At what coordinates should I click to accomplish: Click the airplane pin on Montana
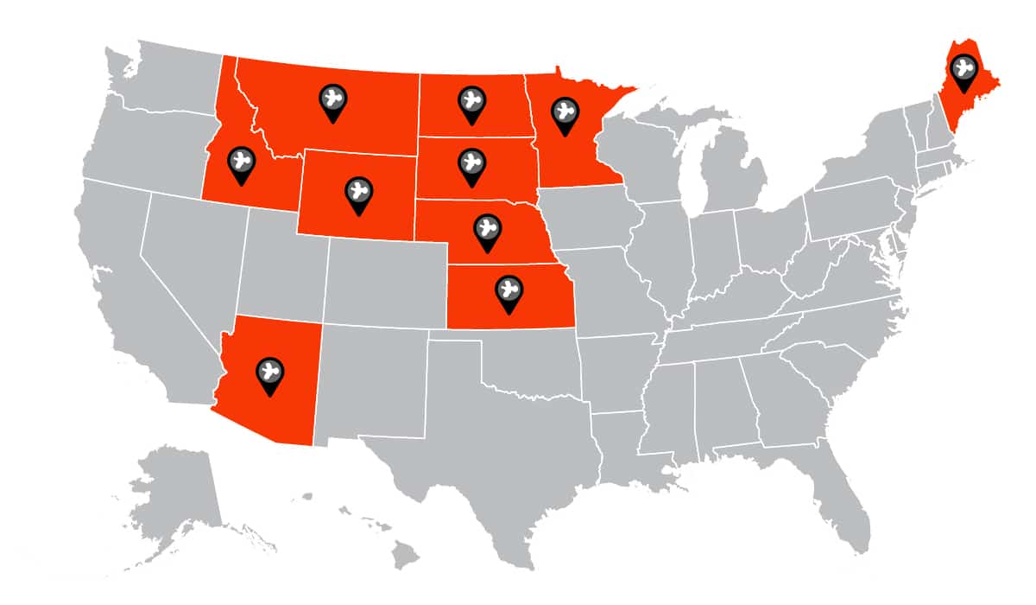coord(332,100)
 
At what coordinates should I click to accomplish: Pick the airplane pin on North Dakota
coord(471,102)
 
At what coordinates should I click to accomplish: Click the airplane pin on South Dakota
coord(471,163)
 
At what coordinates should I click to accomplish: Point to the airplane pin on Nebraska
coord(488,231)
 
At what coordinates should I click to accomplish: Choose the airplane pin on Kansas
coord(509,290)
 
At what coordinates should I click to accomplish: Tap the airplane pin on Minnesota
coord(565,113)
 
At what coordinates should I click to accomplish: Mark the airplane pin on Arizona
coord(271,374)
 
